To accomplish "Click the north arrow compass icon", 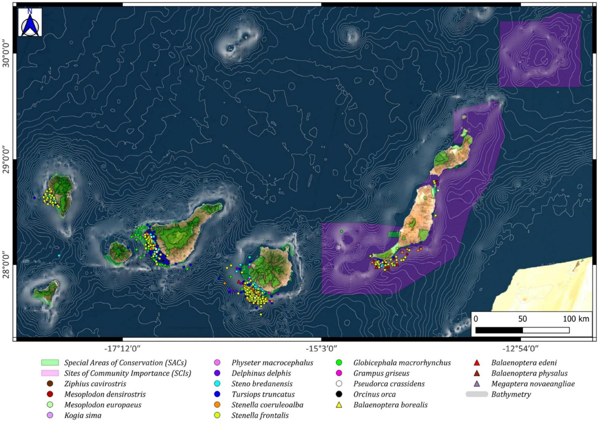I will (x=30, y=22).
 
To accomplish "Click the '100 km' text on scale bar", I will (x=576, y=319).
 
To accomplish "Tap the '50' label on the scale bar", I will (x=522, y=319).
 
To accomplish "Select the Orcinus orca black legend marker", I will (x=339, y=394).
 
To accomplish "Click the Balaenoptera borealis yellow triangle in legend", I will (x=339, y=405).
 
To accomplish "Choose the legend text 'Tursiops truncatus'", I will (x=263, y=395).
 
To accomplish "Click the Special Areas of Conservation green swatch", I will (x=50, y=363).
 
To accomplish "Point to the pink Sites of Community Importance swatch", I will (x=50, y=373).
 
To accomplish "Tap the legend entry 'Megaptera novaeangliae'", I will (x=533, y=384).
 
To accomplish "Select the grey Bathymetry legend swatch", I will (x=476, y=395).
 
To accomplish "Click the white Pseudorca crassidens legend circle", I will (x=339, y=384).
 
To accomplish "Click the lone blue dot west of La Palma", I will (x=34, y=198).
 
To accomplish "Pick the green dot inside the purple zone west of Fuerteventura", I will (x=341, y=231).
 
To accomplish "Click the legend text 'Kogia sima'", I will (x=83, y=415).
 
